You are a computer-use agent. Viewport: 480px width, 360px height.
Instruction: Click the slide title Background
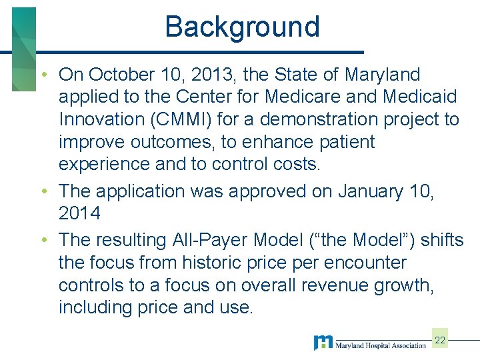243,27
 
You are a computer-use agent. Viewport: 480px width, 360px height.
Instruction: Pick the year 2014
79,214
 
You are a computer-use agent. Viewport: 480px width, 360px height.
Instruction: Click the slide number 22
440,341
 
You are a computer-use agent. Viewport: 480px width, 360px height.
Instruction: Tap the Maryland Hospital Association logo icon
323,343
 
